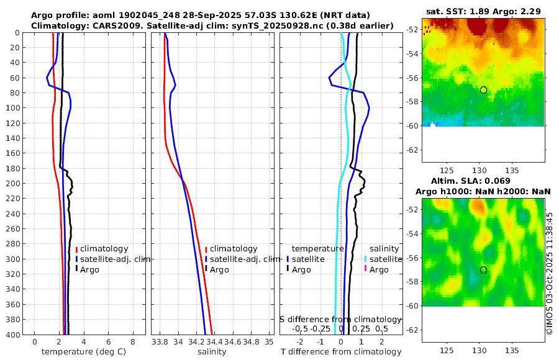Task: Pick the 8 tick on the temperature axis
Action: pos(133,342)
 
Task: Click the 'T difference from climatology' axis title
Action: pos(342,352)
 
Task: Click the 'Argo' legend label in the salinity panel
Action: pos(219,269)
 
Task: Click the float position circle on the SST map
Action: pos(483,90)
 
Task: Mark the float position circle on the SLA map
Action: pos(483,270)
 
